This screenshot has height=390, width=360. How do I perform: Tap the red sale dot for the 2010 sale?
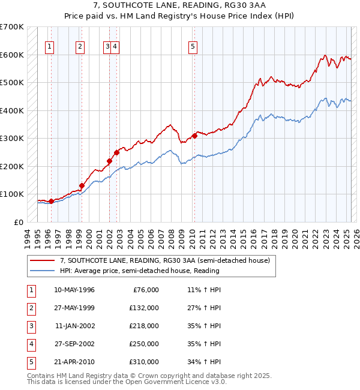click(x=194, y=136)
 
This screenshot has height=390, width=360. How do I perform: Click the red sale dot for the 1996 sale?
click(x=51, y=201)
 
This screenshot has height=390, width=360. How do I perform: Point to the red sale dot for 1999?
click(x=82, y=185)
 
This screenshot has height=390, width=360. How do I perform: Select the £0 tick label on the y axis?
click(x=19, y=222)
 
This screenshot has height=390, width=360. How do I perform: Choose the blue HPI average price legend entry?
click(x=139, y=271)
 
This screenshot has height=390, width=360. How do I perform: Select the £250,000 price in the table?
click(x=144, y=344)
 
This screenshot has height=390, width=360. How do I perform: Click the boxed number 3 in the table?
click(x=31, y=326)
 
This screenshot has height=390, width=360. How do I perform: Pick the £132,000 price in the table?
click(x=144, y=308)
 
